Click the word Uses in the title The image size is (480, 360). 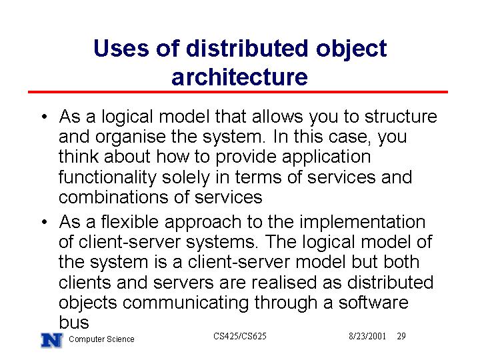click(121, 49)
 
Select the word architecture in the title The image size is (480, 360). click(240, 77)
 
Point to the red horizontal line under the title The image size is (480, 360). click(238, 92)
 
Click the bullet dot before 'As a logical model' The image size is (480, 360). click(45, 116)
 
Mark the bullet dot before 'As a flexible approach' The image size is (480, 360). click(45, 221)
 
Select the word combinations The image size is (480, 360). click(113, 197)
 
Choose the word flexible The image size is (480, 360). click(130, 221)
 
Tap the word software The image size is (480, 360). click(373, 302)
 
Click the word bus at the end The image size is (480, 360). click(74, 322)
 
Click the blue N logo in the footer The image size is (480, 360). click(52, 341)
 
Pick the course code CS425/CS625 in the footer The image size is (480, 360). click(240, 336)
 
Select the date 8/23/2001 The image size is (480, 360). click(367, 336)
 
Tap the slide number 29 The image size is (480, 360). click(401, 336)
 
